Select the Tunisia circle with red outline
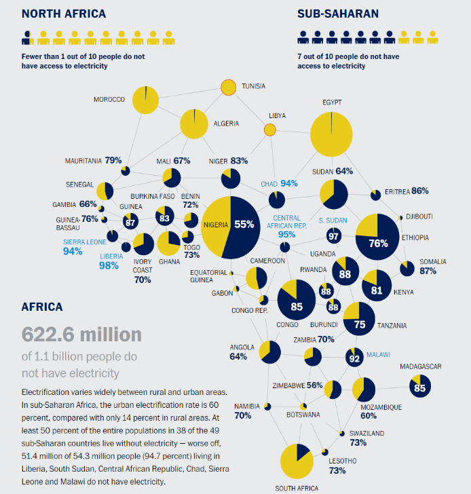tap(228, 88)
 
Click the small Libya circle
tap(269, 130)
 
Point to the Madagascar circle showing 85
tap(419, 387)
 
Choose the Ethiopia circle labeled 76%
tap(377, 237)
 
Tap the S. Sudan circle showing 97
tap(334, 236)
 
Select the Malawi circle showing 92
tap(354, 357)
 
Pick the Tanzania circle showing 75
tap(359, 320)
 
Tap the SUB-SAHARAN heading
tap(337, 13)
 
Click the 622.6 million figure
tap(82, 334)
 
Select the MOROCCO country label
tap(109, 100)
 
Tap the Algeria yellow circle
tap(193, 124)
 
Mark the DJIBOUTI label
tap(419, 216)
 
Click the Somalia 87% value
tap(428, 271)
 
